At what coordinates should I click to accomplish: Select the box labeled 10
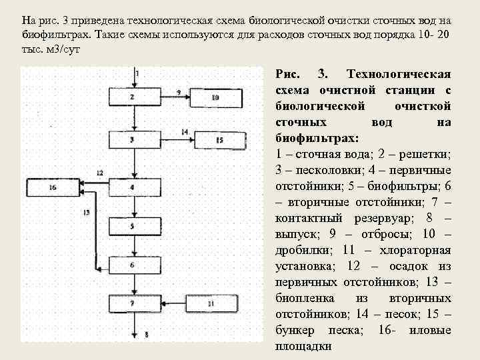(x=214, y=97)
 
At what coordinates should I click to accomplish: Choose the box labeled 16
(x=53, y=187)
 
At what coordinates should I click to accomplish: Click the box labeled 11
(x=211, y=304)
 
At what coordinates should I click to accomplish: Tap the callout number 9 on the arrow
(x=179, y=91)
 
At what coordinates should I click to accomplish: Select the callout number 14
(x=184, y=131)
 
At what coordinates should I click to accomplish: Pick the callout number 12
(x=99, y=173)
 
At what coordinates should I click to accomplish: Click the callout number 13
(x=86, y=213)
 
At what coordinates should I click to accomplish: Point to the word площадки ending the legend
(x=303, y=347)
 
